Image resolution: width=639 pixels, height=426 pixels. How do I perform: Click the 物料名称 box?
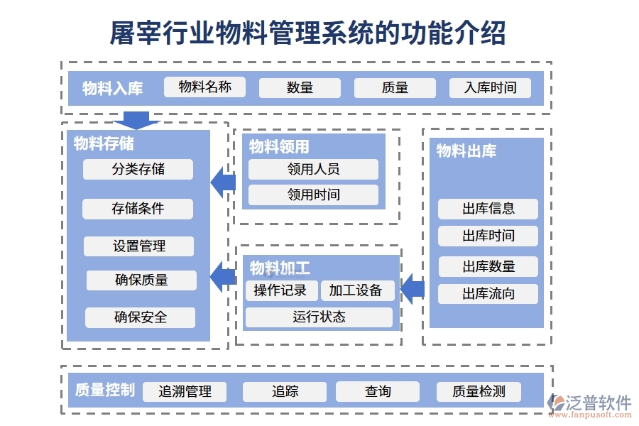[204, 87]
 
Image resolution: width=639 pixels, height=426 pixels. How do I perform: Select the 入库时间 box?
[490, 88]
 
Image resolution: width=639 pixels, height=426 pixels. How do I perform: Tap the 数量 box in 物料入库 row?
[300, 88]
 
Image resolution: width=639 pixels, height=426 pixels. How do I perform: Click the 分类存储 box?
[138, 169]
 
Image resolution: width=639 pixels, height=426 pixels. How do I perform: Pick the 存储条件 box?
[138, 209]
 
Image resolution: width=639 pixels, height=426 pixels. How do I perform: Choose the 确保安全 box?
[140, 317]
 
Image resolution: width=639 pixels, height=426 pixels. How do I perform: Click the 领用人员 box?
[313, 169]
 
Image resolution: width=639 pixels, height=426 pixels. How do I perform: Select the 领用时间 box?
[313, 195]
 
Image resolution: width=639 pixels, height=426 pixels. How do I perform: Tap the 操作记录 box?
[281, 290]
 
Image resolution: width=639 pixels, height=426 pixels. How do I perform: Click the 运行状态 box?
[319, 317]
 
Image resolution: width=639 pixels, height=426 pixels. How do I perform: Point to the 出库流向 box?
[488, 294]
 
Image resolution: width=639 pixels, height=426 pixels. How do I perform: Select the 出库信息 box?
[488, 209]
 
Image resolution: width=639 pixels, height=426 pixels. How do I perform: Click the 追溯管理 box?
[185, 391]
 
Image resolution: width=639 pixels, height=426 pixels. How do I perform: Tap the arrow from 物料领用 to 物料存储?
[223, 183]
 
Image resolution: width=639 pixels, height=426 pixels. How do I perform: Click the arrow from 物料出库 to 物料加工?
[413, 288]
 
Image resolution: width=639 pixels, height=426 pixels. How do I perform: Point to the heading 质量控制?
[104, 390]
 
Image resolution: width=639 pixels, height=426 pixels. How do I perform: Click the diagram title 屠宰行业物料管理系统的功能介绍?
[308, 32]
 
